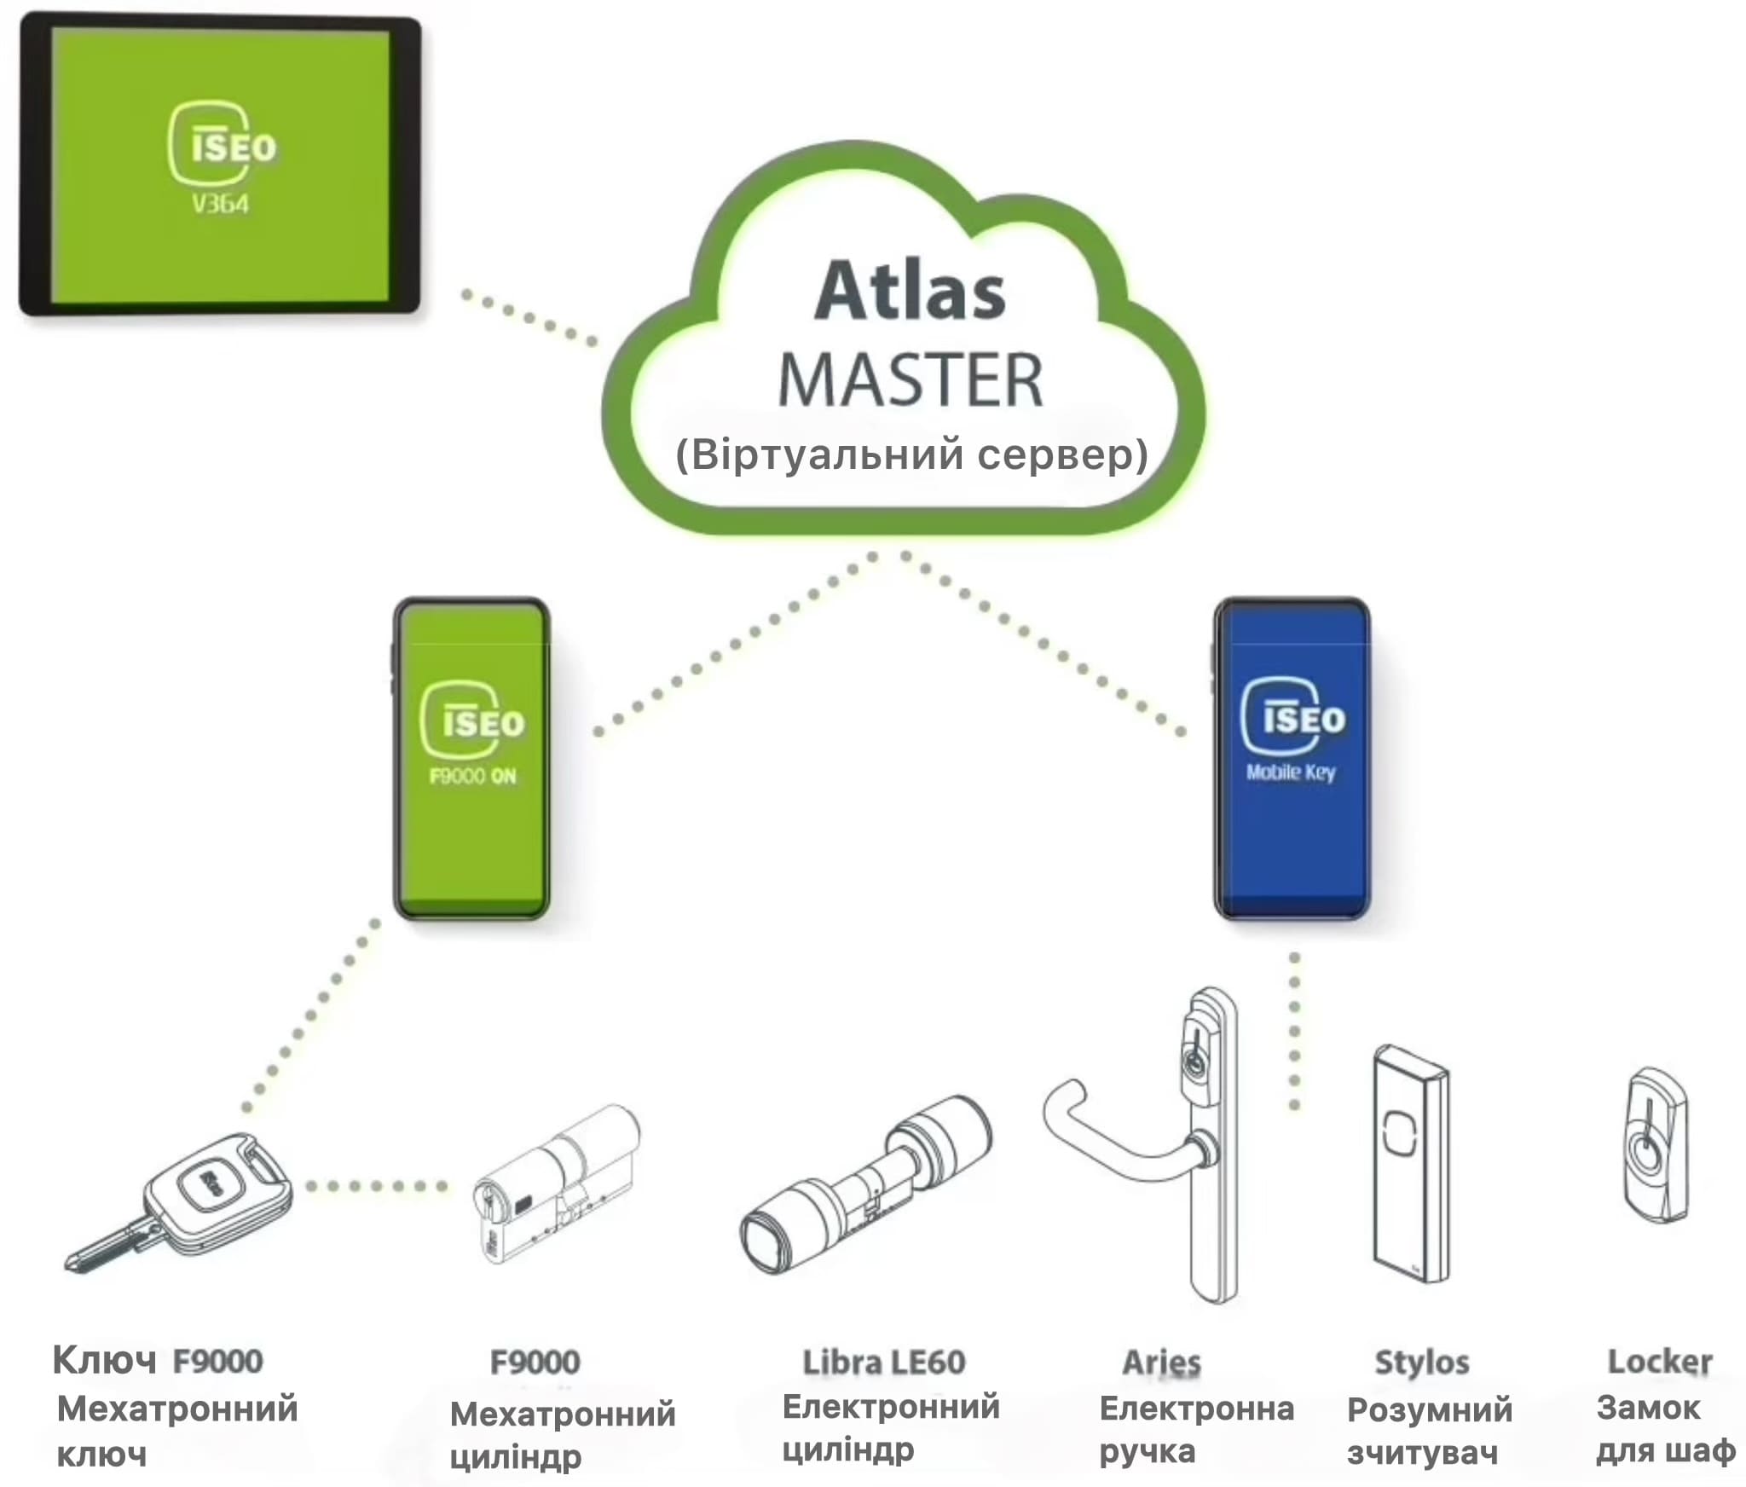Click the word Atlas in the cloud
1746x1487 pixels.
pyautogui.click(x=910, y=291)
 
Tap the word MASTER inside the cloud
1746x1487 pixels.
pyautogui.click(x=911, y=380)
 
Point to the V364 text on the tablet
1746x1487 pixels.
pyautogui.click(x=220, y=204)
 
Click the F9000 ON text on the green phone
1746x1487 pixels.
pyautogui.click(x=472, y=776)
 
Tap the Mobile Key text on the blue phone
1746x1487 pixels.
pyautogui.click(x=1291, y=772)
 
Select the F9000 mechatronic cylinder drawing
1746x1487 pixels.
pyautogui.click(x=556, y=1185)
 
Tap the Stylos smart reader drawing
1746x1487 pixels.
pyautogui.click(x=1411, y=1164)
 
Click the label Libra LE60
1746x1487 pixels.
pyautogui.click(x=884, y=1362)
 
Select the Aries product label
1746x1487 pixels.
pyautogui.click(x=1161, y=1362)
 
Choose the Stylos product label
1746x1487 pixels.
pyautogui.click(x=1422, y=1363)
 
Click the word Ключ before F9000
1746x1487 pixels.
pyautogui.click(x=104, y=1360)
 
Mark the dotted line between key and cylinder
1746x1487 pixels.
pyautogui.click(x=377, y=1186)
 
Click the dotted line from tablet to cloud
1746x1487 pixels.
pyautogui.click(x=529, y=318)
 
